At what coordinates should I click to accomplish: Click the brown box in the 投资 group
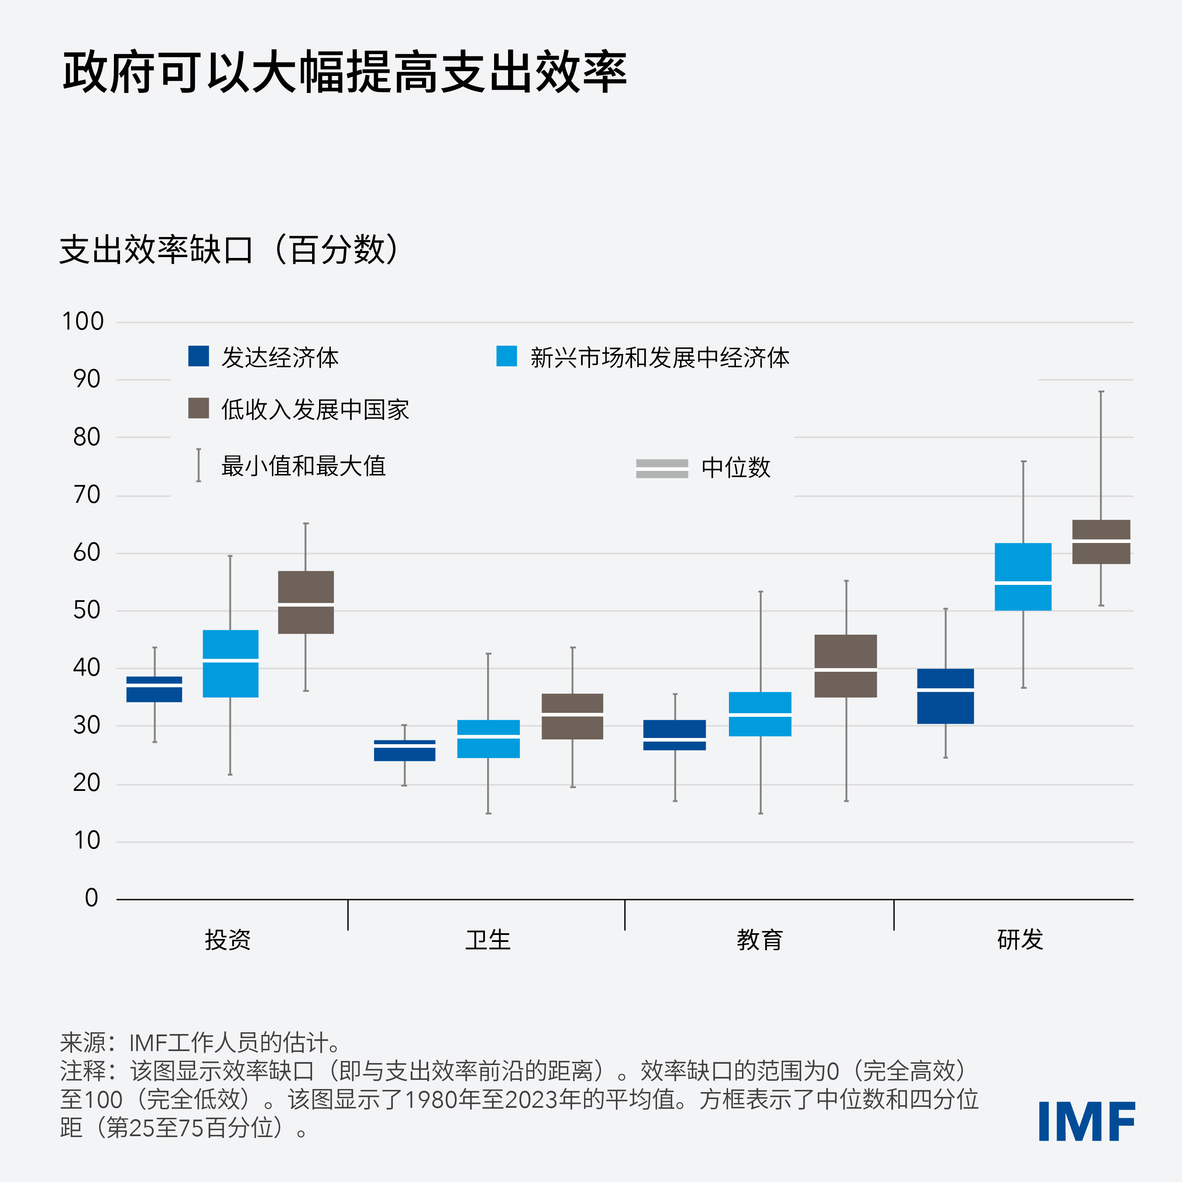click(306, 588)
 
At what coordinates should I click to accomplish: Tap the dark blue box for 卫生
click(404, 754)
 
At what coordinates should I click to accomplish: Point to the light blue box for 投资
click(230, 679)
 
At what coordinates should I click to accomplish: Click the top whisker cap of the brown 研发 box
click(1101, 392)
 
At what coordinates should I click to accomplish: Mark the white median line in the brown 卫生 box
click(573, 714)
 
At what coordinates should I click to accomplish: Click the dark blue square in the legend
click(198, 356)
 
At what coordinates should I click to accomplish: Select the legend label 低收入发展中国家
click(315, 409)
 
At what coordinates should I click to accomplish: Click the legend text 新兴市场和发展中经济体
click(660, 357)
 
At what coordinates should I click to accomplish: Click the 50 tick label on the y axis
click(86, 610)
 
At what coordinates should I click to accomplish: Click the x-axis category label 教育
click(760, 940)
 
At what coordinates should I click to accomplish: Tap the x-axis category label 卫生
click(488, 940)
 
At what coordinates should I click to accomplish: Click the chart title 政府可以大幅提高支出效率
click(344, 72)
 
